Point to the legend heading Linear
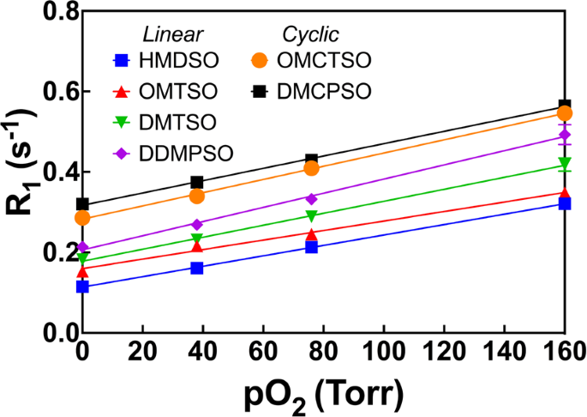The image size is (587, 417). point(171,34)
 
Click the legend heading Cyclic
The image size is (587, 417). point(310,34)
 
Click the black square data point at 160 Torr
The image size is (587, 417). point(565,106)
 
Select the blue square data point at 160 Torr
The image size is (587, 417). point(565,203)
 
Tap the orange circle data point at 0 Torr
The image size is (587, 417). point(82,218)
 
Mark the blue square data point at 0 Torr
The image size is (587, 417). point(82,287)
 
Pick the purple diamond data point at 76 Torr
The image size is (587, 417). point(311,198)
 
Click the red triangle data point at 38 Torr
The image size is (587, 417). point(197,247)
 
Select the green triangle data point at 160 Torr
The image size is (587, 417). point(565,163)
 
